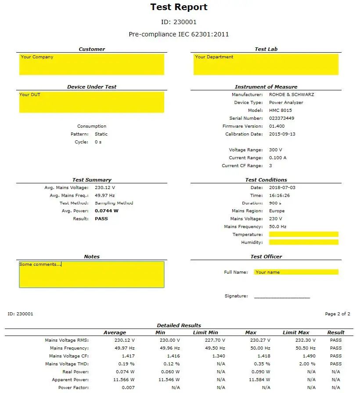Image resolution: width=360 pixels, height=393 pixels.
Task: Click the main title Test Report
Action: click(x=179, y=7)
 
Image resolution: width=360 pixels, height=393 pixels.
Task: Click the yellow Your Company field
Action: click(x=91, y=64)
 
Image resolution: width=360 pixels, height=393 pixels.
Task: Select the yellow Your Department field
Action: click(x=266, y=64)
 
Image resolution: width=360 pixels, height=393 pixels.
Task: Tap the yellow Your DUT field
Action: click(x=91, y=102)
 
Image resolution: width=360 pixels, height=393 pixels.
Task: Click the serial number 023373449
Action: click(x=281, y=118)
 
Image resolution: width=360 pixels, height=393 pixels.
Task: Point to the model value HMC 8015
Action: click(x=280, y=111)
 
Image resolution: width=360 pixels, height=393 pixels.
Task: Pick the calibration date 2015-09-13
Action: click(x=282, y=134)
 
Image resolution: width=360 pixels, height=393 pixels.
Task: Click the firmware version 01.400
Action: click(x=277, y=126)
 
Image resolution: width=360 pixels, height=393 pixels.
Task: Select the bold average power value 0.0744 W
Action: click(x=107, y=211)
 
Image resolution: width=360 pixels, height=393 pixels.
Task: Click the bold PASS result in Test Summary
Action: click(x=101, y=219)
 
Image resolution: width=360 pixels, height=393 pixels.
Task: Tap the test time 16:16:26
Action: click(x=279, y=195)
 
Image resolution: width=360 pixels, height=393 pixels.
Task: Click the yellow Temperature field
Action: click(x=303, y=234)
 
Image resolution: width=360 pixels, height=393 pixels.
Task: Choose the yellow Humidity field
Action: click(x=303, y=242)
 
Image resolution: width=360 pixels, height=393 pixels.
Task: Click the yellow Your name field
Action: click(x=296, y=272)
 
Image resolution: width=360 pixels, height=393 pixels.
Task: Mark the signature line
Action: click(x=282, y=297)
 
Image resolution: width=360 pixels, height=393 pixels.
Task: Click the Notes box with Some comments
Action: click(x=91, y=275)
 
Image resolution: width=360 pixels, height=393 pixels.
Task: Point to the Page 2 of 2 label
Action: click(x=337, y=314)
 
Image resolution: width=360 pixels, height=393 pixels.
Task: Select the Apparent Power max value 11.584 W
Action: click(x=259, y=380)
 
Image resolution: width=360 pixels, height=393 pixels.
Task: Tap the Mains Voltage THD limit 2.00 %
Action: click(x=306, y=364)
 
